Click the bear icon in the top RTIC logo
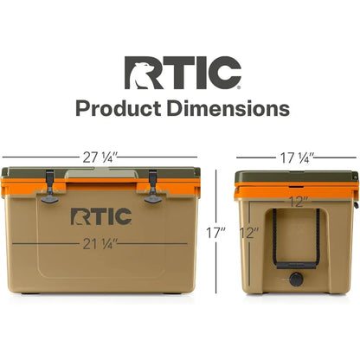[x=144, y=74]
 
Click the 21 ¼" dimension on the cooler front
[x=103, y=242]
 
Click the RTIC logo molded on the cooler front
[x=100, y=215]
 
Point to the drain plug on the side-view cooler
[x=296, y=279]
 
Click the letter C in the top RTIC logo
[x=224, y=74]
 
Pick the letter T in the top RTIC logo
[x=185, y=74]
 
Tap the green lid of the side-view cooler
[x=295, y=177]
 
